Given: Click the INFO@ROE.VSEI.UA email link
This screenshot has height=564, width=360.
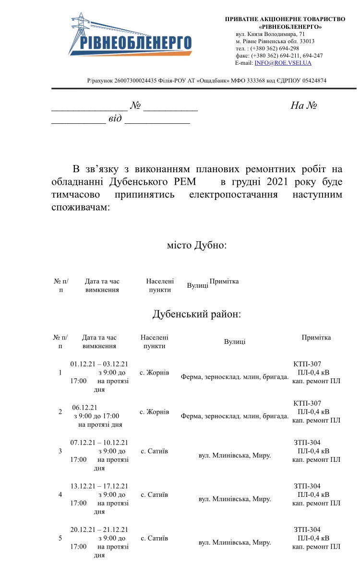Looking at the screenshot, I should click(x=283, y=63).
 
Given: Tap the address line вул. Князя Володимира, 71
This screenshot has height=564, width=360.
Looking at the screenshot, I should click(x=270, y=34).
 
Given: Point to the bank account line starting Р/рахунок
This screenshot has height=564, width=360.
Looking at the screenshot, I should click(x=206, y=81).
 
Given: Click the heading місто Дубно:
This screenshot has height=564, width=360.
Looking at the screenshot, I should click(x=196, y=245).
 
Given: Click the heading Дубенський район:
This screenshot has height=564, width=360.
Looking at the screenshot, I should click(x=196, y=314).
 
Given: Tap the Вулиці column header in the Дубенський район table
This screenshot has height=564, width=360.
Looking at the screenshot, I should click(x=235, y=341).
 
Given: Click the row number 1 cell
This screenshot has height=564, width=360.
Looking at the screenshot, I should click(x=60, y=373).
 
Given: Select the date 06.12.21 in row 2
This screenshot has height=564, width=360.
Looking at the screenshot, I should click(x=84, y=407).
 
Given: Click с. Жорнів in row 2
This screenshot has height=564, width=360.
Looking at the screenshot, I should click(x=154, y=412).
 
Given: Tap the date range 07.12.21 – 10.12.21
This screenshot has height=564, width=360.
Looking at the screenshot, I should click(x=99, y=442).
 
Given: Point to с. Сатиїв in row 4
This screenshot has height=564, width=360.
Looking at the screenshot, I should click(x=154, y=494).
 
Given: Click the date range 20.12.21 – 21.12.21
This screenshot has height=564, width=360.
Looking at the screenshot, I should click(x=99, y=529).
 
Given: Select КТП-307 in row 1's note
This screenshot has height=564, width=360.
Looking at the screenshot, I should click(x=307, y=364).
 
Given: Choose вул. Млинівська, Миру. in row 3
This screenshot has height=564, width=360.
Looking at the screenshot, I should click(x=235, y=455).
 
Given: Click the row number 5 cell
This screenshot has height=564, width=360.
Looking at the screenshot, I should click(x=60, y=538).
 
